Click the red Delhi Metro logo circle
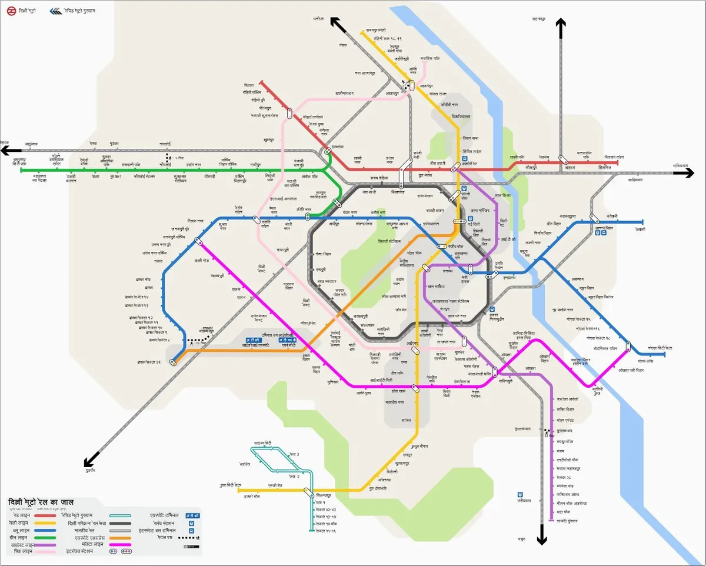pos(12,11)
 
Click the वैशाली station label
pos(641,229)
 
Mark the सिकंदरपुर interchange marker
pos(308,492)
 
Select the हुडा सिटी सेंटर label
pos(222,485)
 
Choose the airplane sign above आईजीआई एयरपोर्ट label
pos(254,340)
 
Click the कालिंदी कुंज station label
pos(597,391)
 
